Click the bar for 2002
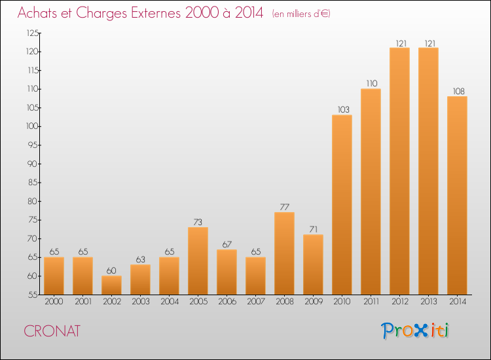[111, 285]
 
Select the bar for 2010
[342, 205]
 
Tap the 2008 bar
[284, 253]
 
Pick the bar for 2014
[457, 195]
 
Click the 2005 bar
[198, 261]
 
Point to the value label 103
[343, 109]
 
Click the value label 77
[284, 207]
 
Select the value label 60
[111, 270]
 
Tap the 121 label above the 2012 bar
[401, 43]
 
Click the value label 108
[459, 91]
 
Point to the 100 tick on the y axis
[32, 126]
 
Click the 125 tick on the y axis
[32, 33]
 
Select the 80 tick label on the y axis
[33, 201]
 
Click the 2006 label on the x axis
[227, 302]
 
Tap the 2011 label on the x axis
[371, 302]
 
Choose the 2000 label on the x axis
[54, 302]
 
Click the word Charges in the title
[101, 13]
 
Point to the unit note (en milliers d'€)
[301, 14]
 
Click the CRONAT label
[52, 331]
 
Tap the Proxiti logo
[415, 331]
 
